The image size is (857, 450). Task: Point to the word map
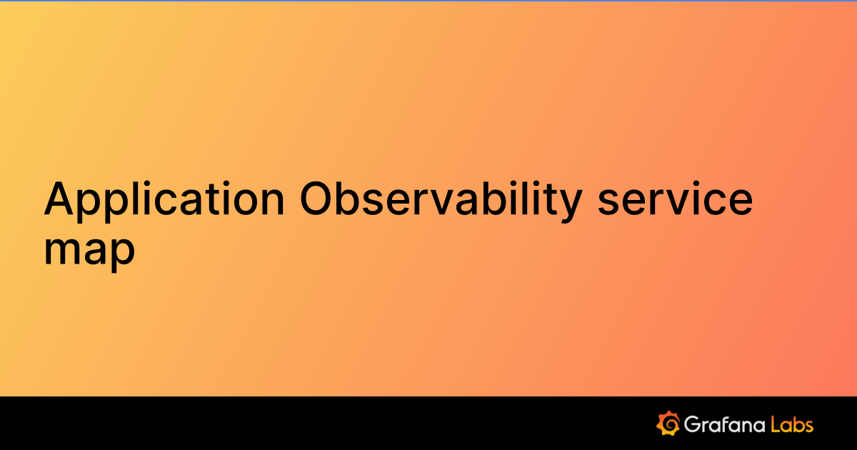(89, 250)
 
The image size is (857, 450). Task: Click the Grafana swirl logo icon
(667, 423)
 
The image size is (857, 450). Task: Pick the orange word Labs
(793, 424)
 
